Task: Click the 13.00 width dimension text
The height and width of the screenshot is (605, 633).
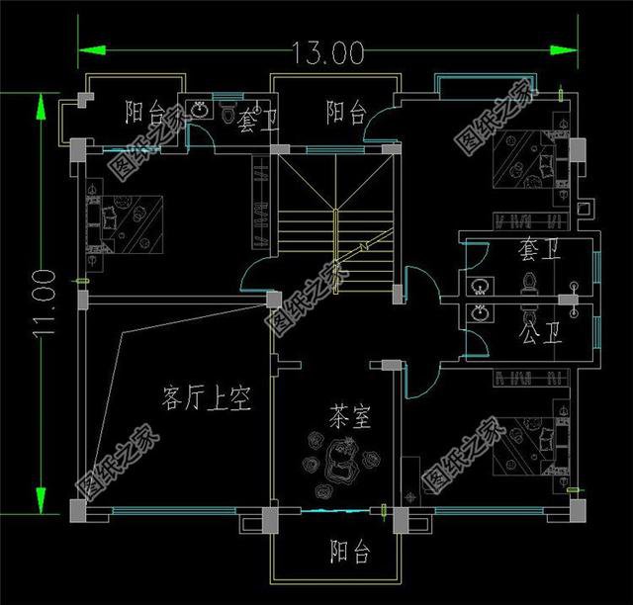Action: [x=327, y=49]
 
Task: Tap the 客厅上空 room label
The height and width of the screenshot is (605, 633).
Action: [x=206, y=398]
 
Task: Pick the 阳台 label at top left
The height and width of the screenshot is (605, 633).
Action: [x=146, y=112]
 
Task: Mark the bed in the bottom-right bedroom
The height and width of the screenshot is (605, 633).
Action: [x=529, y=444]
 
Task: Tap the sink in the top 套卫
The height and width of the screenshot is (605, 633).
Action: [x=202, y=108]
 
